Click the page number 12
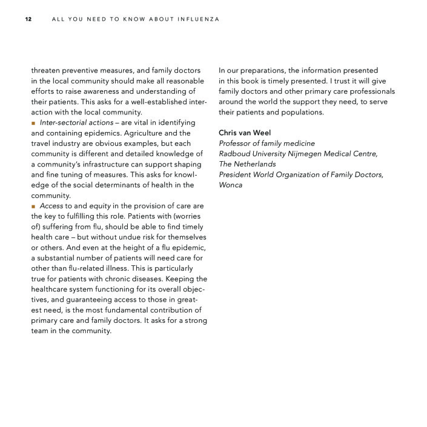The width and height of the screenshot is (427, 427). coord(28,19)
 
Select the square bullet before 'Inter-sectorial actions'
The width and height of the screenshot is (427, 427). coord(34,123)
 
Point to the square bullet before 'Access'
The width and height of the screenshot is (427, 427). coord(34,206)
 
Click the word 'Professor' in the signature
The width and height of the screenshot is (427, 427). coord(238,143)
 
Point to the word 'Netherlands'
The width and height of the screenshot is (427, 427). coord(256,164)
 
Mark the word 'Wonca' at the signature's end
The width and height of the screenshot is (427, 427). coord(231,185)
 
